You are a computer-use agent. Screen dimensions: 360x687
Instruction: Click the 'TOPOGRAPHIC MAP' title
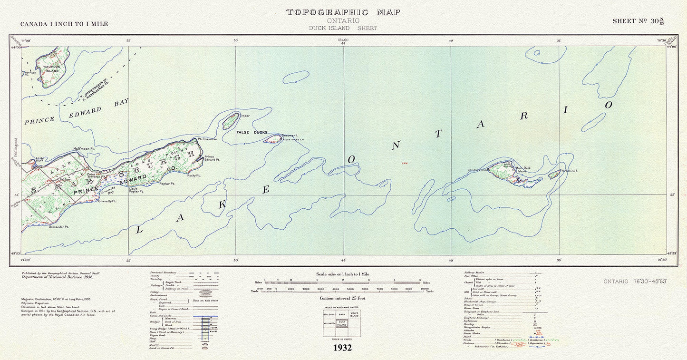[343, 12]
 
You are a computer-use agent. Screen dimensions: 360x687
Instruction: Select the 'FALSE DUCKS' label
[252, 132]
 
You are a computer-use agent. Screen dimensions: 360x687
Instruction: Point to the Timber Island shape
[230, 121]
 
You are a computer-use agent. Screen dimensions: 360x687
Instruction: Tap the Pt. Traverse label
[207, 139]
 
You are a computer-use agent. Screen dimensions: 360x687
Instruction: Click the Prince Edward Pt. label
[212, 158]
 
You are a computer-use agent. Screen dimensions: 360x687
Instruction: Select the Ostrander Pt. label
[58, 227]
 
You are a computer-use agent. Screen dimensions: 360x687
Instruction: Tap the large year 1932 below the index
[342, 348]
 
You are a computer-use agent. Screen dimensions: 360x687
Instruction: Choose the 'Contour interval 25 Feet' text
[342, 298]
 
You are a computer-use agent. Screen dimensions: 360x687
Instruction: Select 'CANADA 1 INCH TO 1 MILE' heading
[64, 24]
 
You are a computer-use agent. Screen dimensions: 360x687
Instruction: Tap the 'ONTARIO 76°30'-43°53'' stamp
[635, 282]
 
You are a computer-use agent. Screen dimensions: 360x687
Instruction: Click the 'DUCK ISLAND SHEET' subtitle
[343, 28]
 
